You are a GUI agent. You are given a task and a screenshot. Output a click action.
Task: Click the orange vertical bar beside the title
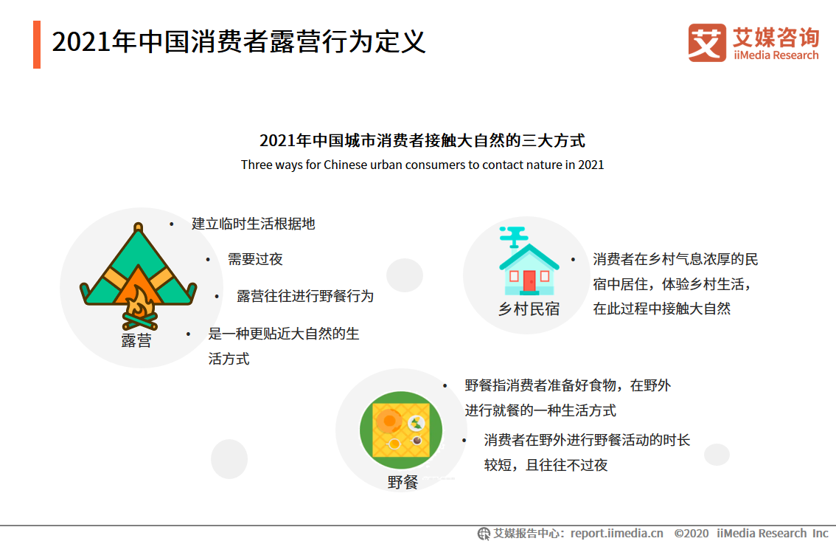(x=37, y=44)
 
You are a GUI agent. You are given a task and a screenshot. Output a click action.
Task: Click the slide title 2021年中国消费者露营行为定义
(x=238, y=41)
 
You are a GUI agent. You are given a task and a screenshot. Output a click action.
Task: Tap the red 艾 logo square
(x=707, y=43)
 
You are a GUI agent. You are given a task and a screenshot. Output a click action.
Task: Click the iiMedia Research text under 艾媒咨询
(x=776, y=55)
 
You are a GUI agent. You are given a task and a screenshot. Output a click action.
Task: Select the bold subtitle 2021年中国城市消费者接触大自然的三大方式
(x=422, y=140)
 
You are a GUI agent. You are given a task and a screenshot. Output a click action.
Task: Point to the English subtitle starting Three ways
(x=422, y=165)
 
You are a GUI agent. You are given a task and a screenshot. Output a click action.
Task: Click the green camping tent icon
(x=138, y=275)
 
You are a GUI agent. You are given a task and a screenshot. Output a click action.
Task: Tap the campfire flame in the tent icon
(x=139, y=304)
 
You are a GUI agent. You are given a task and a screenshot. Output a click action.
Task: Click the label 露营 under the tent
(x=136, y=340)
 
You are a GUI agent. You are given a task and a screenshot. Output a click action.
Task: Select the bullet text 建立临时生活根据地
(x=254, y=224)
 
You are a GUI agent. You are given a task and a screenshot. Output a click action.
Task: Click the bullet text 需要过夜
(x=255, y=260)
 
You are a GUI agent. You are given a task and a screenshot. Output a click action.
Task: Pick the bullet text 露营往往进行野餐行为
(x=305, y=296)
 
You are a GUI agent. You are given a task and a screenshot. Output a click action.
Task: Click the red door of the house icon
(x=529, y=280)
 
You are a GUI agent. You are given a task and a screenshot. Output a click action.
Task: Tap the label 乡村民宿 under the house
(x=529, y=309)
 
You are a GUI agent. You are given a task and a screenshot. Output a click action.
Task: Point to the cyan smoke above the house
(x=513, y=236)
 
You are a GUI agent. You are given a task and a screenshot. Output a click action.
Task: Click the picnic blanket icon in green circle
(x=401, y=430)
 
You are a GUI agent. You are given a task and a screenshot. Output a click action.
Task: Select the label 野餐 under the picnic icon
(x=403, y=482)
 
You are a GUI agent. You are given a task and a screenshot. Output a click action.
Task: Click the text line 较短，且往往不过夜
(x=546, y=465)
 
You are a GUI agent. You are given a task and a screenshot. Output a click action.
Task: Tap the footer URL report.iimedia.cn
(x=616, y=534)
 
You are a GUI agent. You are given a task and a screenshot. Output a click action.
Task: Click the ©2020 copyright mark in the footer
(x=692, y=534)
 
